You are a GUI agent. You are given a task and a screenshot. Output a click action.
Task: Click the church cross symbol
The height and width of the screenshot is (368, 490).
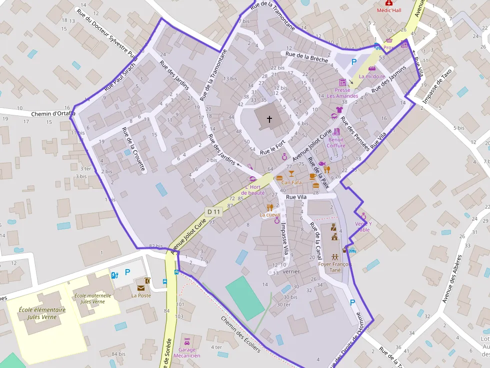click(269, 119)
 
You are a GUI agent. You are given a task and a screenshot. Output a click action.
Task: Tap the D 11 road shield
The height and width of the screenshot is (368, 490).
click(214, 212)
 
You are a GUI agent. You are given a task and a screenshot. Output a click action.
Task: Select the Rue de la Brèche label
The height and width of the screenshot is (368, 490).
click(307, 57)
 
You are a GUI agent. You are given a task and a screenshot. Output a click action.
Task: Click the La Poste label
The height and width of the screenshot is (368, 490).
click(141, 295)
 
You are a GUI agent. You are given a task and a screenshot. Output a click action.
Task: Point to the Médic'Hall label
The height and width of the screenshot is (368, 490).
click(388, 10)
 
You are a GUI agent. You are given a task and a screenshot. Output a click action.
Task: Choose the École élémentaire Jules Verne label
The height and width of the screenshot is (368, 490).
click(42, 313)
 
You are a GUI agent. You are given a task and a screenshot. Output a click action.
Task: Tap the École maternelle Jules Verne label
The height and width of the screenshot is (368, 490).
click(93, 299)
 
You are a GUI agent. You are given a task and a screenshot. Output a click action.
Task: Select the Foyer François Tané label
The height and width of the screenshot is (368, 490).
click(335, 267)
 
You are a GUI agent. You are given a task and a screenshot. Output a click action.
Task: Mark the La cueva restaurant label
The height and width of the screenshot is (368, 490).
click(269, 215)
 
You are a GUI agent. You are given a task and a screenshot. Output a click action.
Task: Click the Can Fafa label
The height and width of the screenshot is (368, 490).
click(291, 182)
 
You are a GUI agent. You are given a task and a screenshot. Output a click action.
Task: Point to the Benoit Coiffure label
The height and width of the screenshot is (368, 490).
click(336, 142)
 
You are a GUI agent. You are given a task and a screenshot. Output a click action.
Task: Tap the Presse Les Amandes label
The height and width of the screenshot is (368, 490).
click(342, 93)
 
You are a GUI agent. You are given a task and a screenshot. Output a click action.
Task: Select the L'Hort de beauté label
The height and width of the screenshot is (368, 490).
click(252, 190)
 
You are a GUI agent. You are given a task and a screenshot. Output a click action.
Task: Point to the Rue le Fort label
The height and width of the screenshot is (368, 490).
click(273, 146)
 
